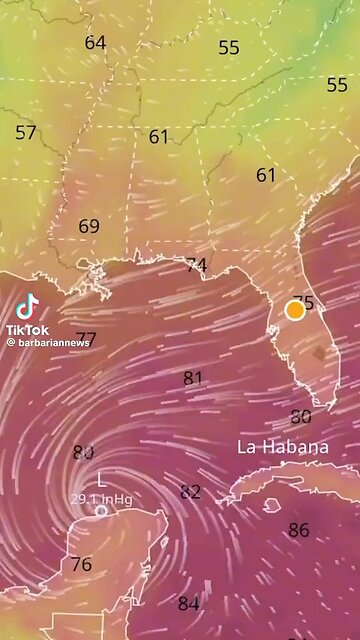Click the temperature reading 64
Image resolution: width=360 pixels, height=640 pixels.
[95, 43]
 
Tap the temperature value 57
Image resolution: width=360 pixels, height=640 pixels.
[26, 132]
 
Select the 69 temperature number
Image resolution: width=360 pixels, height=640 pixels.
[89, 227]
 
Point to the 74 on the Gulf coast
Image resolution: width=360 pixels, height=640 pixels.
[196, 265]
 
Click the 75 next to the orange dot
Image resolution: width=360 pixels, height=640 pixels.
[305, 303]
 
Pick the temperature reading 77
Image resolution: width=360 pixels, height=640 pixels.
[86, 339]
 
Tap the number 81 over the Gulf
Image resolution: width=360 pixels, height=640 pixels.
[193, 378]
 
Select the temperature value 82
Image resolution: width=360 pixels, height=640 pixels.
[190, 492]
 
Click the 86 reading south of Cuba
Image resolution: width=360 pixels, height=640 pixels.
[298, 530]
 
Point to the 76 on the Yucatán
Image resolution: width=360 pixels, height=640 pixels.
[81, 564]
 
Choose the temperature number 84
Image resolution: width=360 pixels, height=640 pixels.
[188, 603]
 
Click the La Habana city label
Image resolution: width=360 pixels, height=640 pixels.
[282, 447]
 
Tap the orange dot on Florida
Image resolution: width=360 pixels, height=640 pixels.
[295, 310]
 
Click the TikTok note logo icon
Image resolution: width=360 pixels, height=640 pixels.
[27, 306]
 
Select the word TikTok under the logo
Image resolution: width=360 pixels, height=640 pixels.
[27, 329]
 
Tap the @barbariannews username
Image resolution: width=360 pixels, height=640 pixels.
[48, 342]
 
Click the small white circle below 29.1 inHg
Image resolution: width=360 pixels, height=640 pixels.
[101, 511]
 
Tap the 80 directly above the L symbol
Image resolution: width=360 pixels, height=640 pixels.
[83, 453]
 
